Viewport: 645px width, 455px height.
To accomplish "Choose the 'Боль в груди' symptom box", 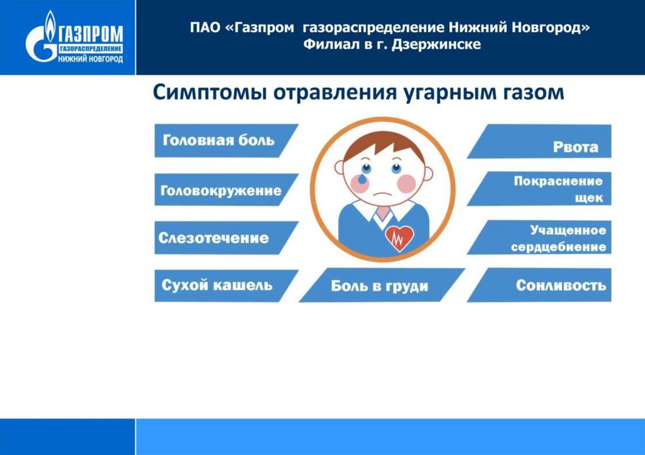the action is click(382, 285).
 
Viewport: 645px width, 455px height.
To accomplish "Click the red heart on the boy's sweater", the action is click(399, 238).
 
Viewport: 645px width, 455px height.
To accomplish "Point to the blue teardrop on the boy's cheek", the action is click(362, 179).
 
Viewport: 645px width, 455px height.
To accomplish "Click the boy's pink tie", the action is click(383, 213).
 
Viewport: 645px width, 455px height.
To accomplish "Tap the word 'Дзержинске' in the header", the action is click(436, 45).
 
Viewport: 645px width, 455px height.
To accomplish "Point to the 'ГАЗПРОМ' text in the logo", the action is click(91, 33).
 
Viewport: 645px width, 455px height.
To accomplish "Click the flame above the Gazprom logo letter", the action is click(50, 25).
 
